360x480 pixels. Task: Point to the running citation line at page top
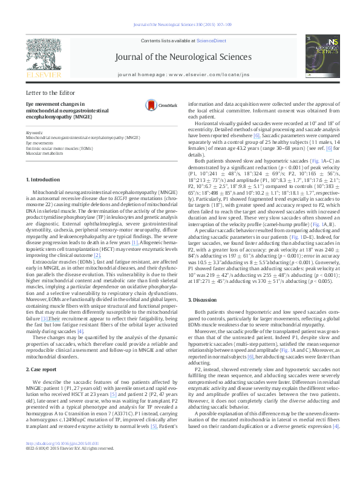(x=180, y=25)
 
